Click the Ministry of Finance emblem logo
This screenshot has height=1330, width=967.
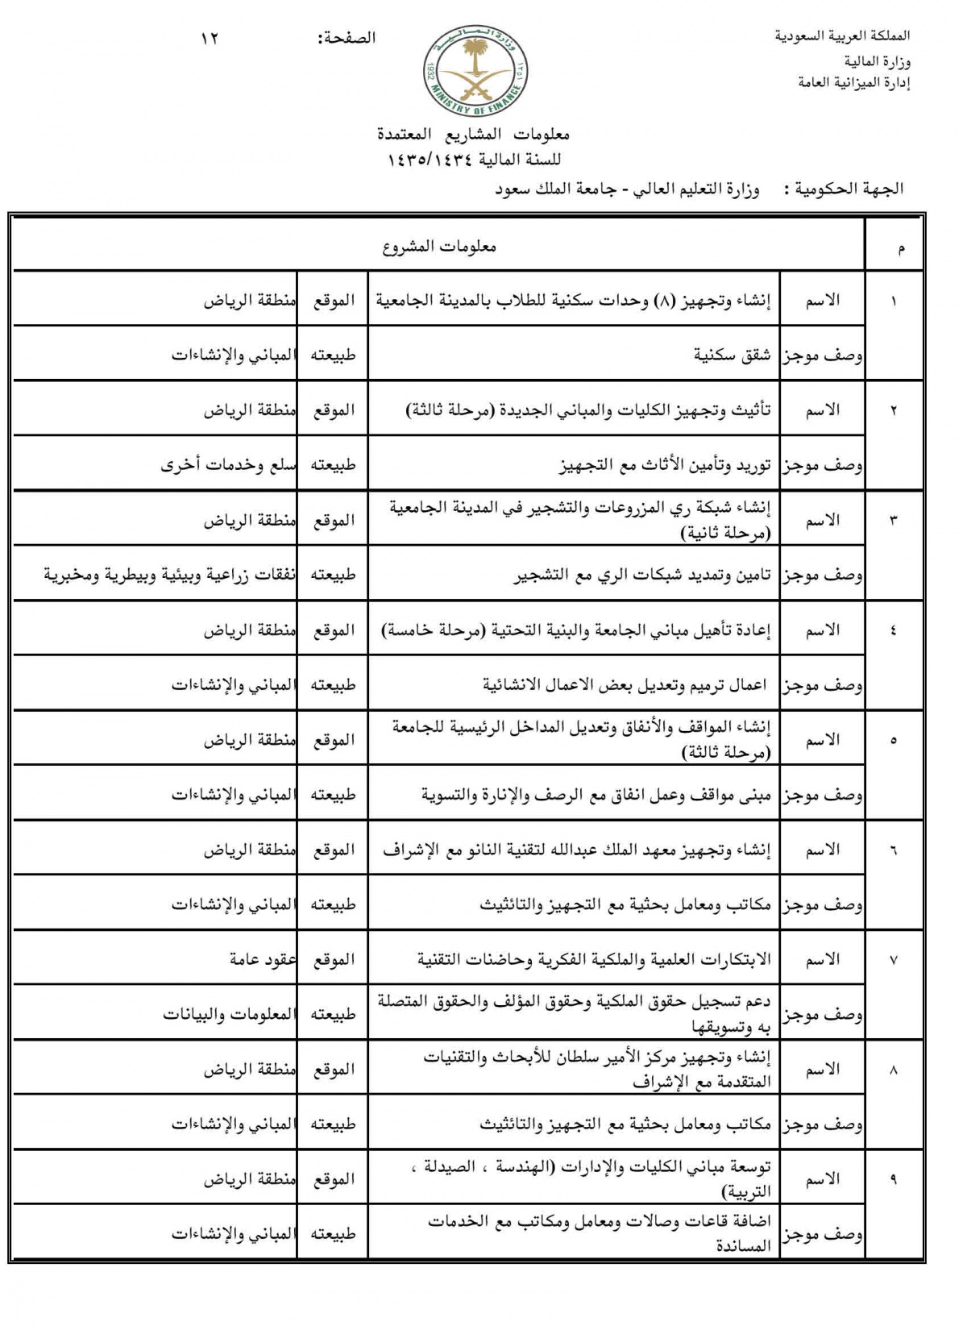[474, 72]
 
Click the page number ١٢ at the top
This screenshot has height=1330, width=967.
[210, 38]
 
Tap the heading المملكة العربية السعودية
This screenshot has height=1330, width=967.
[842, 36]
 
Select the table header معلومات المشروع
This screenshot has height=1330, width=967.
[439, 247]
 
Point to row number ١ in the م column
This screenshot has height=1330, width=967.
[894, 301]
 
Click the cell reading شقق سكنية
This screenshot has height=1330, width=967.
[733, 355]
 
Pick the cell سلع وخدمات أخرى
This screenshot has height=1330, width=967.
[228, 465]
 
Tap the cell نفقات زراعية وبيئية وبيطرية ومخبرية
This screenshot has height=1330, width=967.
[169, 575]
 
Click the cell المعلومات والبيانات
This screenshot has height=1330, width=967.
[229, 1014]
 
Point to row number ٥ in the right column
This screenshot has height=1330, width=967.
[894, 740]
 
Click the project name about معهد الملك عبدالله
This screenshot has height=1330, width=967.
[576, 850]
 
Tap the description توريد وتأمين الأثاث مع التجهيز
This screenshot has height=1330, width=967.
[665, 465]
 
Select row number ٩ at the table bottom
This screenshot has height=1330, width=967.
[894, 1179]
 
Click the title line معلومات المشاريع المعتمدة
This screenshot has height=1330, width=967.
[474, 134]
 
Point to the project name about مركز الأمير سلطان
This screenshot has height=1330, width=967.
[597, 1069]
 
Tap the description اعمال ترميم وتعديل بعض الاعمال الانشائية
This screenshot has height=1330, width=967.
[625, 685]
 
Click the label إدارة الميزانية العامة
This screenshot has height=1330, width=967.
[853, 83]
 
